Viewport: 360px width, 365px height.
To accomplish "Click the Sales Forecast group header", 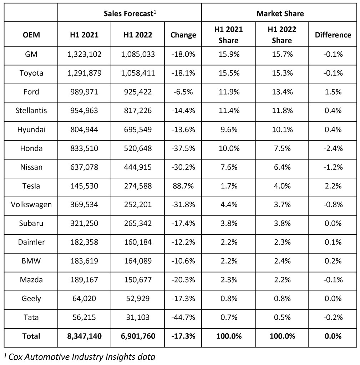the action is [130, 14].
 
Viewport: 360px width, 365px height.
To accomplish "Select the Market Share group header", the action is [280, 14].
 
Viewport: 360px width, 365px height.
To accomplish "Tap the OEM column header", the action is [31, 35].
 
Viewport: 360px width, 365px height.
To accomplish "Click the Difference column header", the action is [333, 35].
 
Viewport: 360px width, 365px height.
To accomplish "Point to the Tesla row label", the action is [31, 186].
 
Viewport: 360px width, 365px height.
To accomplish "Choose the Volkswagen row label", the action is [31, 204].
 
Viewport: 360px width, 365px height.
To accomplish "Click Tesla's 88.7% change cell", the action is [183, 186].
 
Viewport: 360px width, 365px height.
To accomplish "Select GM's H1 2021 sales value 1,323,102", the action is [85, 54].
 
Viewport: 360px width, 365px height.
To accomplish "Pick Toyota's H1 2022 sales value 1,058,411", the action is [138, 73].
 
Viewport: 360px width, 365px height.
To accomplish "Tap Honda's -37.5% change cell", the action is [183, 148].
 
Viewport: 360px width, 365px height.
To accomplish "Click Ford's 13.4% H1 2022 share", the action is [282, 92].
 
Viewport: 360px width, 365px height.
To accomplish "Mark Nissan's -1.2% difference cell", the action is [333, 167].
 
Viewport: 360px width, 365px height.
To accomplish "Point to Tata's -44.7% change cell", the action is [183, 317].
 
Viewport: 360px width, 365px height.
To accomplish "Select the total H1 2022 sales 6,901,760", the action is [138, 336].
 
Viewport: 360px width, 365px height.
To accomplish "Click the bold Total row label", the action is [31, 336].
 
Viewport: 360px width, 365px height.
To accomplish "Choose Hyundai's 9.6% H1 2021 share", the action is [229, 130].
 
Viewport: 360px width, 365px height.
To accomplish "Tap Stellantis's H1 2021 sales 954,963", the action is [84, 111].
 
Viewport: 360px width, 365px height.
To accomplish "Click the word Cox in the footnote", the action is [16, 357].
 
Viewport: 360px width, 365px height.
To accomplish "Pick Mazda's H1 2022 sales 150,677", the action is [138, 280].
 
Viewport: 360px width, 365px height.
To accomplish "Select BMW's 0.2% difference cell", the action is [333, 261].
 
